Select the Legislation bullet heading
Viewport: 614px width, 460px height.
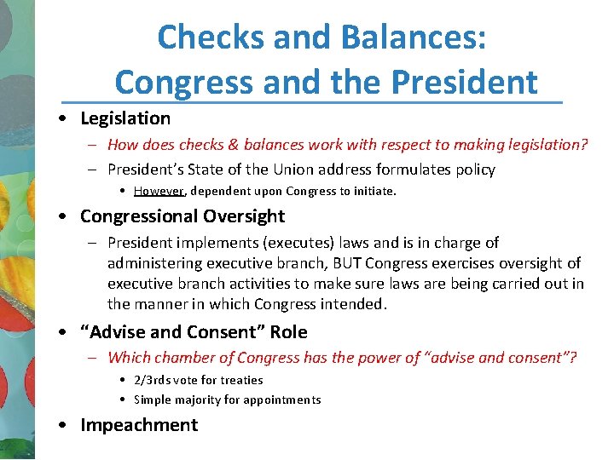[125, 118]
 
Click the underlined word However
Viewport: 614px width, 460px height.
[159, 191]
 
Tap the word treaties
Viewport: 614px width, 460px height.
[241, 380]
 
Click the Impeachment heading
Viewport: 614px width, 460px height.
[139, 425]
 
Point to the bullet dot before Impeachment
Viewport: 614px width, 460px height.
[64, 425]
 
